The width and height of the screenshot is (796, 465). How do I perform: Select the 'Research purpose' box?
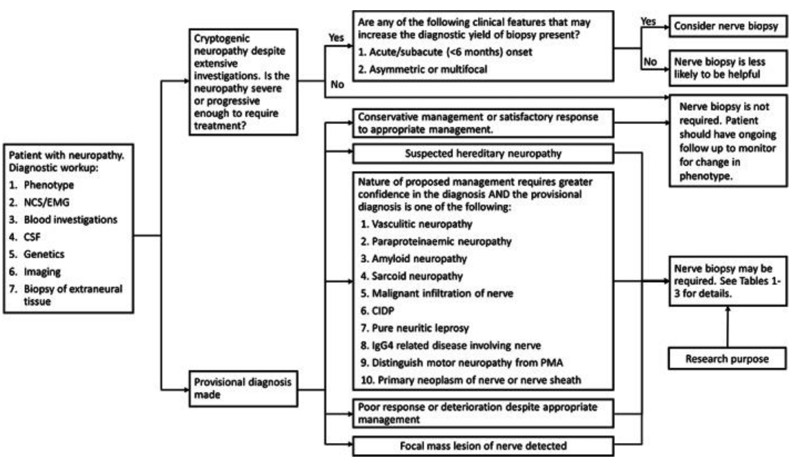[x=727, y=359]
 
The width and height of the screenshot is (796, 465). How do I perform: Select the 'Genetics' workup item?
[x=44, y=254]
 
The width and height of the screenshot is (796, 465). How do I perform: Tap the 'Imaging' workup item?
[x=42, y=272]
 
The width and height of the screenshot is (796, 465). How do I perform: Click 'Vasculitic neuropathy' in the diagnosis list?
[x=422, y=224]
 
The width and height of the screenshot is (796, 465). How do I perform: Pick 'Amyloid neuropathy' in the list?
[x=419, y=259]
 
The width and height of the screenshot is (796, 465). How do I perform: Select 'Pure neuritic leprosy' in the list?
[x=420, y=328]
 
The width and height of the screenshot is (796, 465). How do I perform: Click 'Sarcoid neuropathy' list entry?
[x=417, y=276]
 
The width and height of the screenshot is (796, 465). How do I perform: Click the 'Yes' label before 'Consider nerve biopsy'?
[x=648, y=21]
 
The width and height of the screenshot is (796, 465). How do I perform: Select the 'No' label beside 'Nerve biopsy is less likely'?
[x=650, y=62]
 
